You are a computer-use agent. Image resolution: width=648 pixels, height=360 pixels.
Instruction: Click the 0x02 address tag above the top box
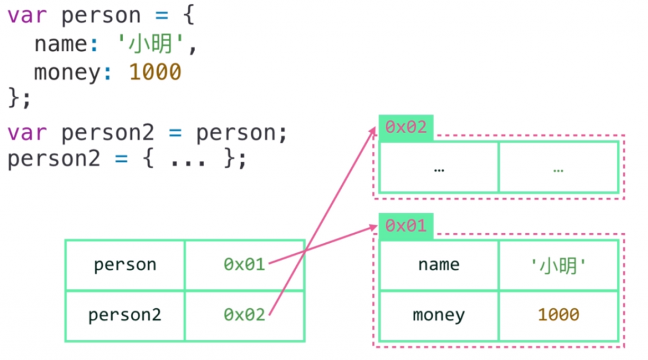[406, 127]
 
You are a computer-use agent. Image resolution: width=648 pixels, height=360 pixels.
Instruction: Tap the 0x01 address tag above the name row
[406, 226]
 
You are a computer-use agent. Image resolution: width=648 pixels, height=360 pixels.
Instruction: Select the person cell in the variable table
[125, 264]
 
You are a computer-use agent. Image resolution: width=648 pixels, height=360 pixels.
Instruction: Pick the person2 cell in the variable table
[125, 315]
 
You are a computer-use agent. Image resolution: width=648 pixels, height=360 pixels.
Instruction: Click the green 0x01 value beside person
[244, 264]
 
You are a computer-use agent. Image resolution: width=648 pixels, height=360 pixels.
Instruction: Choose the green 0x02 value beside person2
[244, 314]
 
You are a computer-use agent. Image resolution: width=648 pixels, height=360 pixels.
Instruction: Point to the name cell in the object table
[439, 264]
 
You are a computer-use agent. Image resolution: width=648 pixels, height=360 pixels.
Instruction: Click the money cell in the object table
[439, 314]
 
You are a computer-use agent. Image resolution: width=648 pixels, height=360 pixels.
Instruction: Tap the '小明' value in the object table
[559, 264]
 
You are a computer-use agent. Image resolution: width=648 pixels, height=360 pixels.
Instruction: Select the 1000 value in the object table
[559, 314]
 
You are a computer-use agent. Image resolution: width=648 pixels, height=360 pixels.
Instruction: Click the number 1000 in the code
[155, 72]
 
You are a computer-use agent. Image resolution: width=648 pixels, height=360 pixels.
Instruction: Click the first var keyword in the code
[27, 16]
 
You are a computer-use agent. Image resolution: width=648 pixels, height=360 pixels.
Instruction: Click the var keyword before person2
[27, 133]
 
